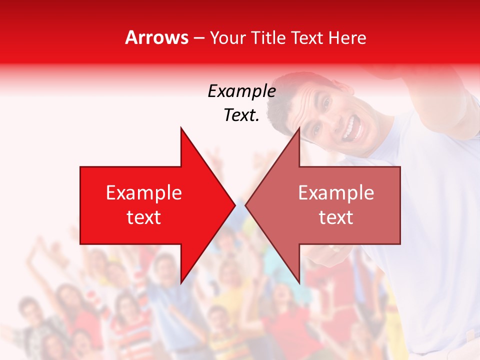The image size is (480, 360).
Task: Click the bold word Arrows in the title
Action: pyautogui.click(x=157, y=37)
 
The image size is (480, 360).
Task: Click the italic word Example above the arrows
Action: pyautogui.click(x=241, y=91)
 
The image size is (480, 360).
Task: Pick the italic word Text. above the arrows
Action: pyautogui.click(x=241, y=115)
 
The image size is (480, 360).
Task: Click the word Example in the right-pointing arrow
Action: pyautogui.click(x=144, y=193)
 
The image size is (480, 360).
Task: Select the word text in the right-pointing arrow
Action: pyautogui.click(x=144, y=217)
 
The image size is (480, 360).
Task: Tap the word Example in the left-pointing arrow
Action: pyautogui.click(x=336, y=193)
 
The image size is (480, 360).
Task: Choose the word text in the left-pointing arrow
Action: pyautogui.click(x=336, y=217)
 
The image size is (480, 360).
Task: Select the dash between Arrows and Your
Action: pyautogui.click(x=198, y=38)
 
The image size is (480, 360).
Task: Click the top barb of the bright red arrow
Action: pyautogui.click(x=182, y=131)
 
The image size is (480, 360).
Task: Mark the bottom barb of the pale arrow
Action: pyautogui.click(x=298, y=280)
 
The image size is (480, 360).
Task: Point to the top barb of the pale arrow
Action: pyautogui.click(x=298, y=131)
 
